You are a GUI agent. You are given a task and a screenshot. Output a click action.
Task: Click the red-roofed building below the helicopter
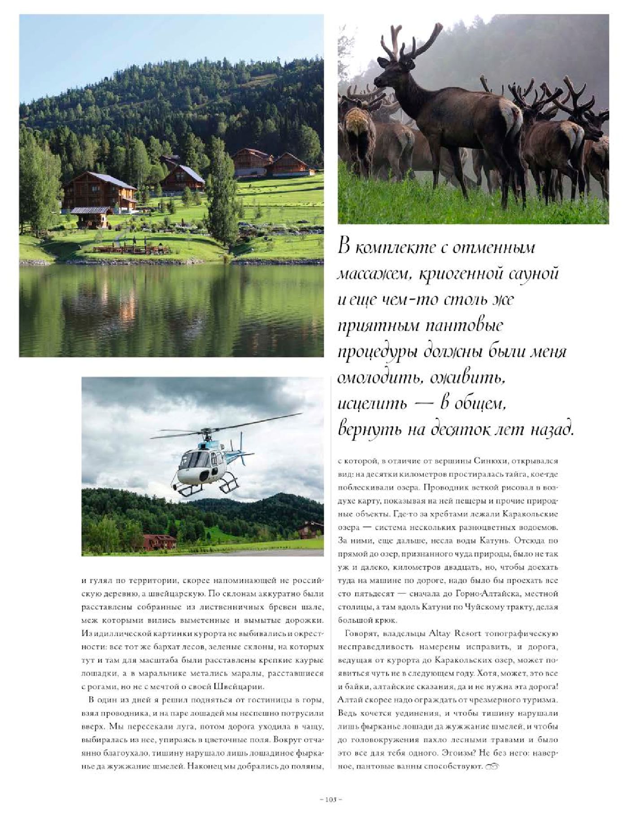160,541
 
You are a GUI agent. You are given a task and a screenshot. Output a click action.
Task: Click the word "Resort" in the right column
469,634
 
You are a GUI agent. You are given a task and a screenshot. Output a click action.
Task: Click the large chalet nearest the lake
100,192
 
